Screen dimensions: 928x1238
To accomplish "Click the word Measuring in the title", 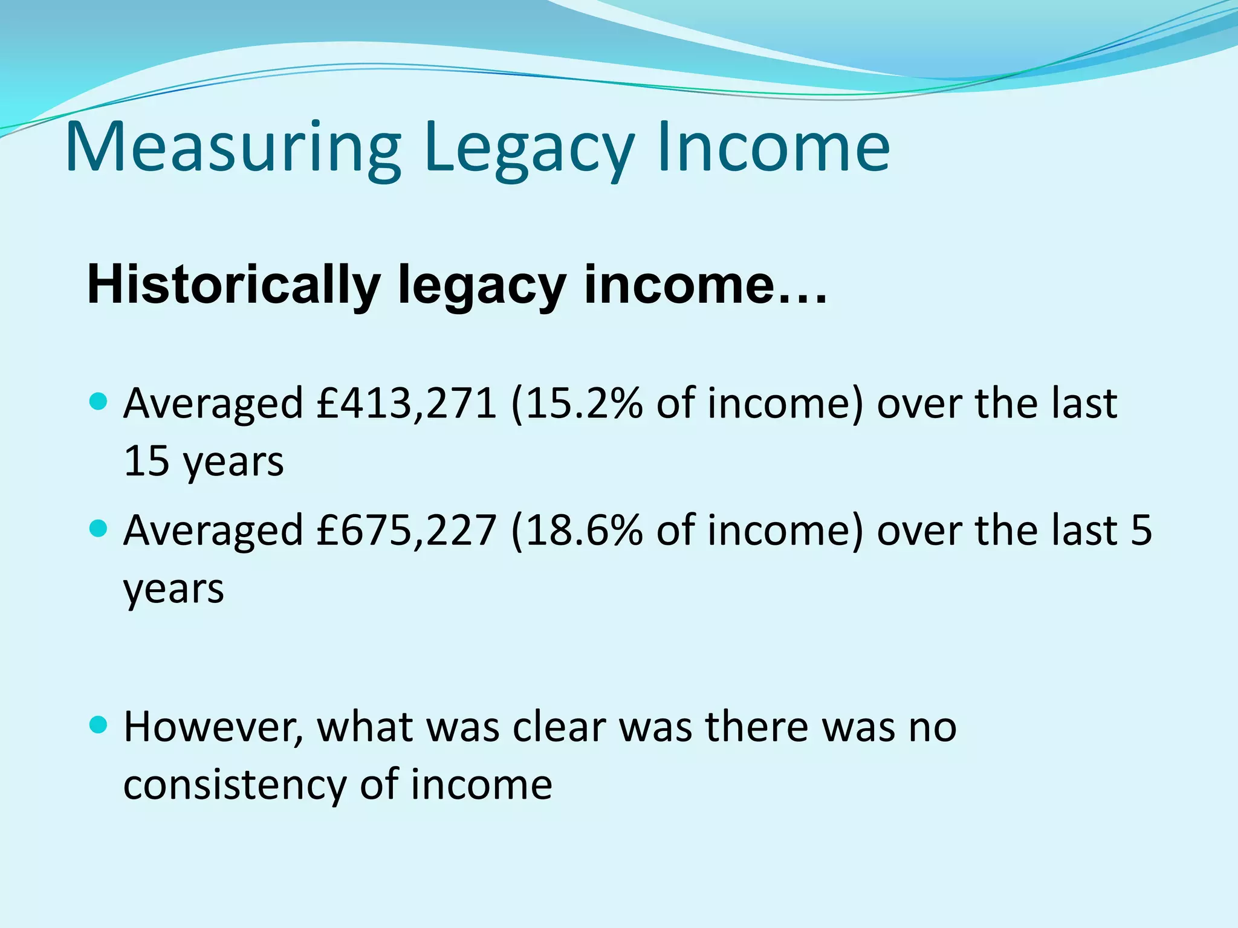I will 233,148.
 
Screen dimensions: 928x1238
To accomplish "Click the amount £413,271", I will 406,404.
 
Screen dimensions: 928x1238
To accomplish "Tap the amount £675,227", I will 406,530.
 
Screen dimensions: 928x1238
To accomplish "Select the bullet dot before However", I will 98,724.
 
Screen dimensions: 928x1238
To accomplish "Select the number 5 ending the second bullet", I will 1141,530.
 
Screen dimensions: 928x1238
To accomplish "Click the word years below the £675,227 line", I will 173,589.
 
